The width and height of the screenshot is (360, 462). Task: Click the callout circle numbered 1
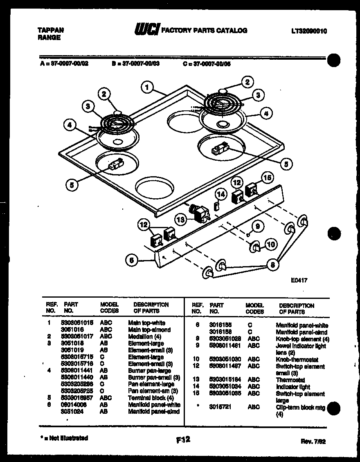pyautogui.click(x=148, y=87)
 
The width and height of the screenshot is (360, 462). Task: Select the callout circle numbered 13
pyautogui.click(x=180, y=220)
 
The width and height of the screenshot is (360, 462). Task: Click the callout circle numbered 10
pyautogui.click(x=270, y=244)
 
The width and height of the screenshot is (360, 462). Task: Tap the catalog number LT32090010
pyautogui.click(x=310, y=31)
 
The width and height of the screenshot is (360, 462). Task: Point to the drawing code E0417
pyautogui.click(x=299, y=280)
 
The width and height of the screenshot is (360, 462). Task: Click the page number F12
pyautogui.click(x=183, y=440)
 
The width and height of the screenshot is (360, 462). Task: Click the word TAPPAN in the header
pyautogui.click(x=51, y=30)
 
